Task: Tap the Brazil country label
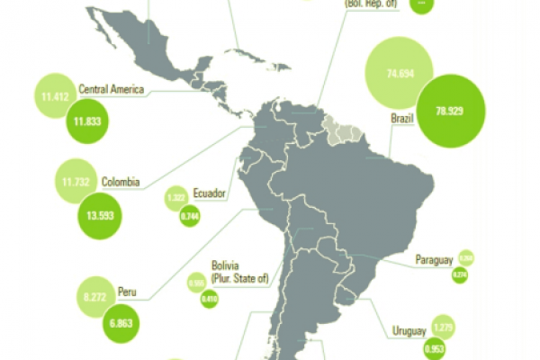pos(401,119)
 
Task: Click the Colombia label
pos(120,182)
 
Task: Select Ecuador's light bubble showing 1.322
pos(176,198)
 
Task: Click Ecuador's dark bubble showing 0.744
pos(189,217)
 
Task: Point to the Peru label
pos(126,292)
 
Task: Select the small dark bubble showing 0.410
pos(210,298)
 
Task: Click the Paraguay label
pos(434,260)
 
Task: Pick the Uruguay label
pos(408,330)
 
